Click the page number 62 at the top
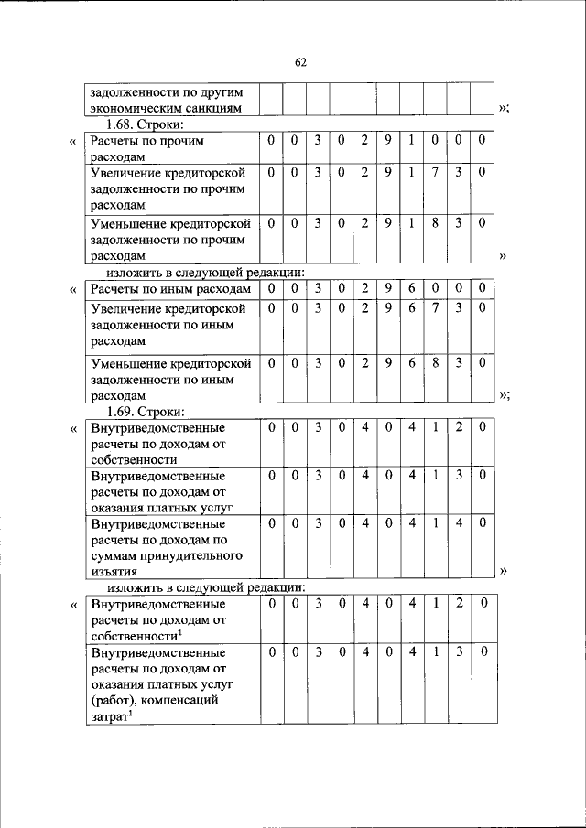[x=299, y=62]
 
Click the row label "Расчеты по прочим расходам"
[x=145, y=149]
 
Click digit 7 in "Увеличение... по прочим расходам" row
[x=435, y=172]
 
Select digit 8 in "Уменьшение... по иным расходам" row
[x=435, y=362]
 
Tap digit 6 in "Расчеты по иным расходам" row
[x=411, y=289]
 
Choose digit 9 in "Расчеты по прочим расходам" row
[x=387, y=141]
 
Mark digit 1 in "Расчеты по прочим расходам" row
[x=411, y=141]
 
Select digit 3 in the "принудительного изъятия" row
[x=316, y=524]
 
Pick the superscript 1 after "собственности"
[x=179, y=632]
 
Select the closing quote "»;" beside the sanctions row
[x=503, y=108]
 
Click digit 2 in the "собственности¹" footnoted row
[x=459, y=603]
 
